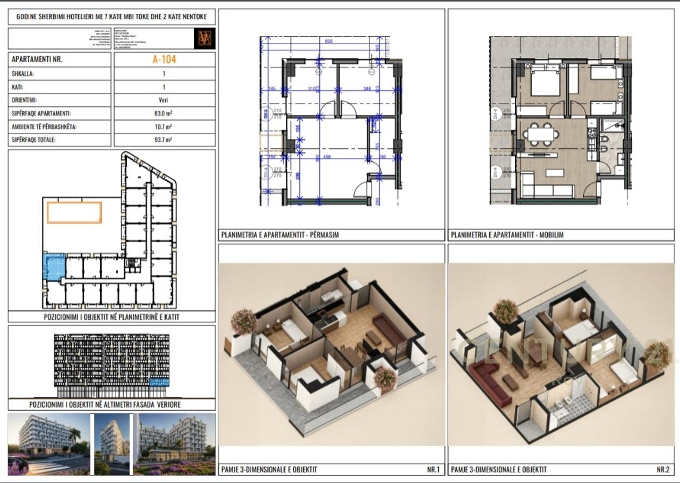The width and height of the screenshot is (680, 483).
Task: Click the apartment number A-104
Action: click(164, 60)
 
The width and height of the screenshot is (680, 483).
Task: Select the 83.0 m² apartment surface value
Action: click(164, 114)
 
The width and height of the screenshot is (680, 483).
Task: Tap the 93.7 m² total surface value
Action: click(164, 140)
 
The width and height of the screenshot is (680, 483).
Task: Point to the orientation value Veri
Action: click(164, 100)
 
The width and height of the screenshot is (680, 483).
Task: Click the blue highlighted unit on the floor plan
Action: click(54, 267)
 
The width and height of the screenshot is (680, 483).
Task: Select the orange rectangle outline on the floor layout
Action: click(74, 213)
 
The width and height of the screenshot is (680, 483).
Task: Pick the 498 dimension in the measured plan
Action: click(327, 157)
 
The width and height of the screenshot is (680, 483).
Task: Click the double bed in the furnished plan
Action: click(540, 83)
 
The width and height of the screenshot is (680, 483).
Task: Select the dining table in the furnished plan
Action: click(539, 133)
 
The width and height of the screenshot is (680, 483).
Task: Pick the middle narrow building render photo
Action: click(112, 444)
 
